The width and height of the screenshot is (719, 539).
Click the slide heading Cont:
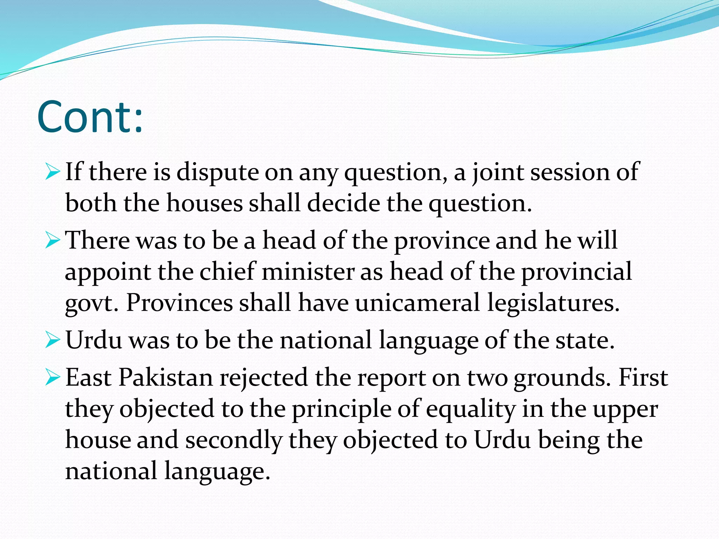point(90,117)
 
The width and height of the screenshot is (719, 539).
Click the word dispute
point(217,173)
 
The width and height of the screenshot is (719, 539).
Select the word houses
point(204,203)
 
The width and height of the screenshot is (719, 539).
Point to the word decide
point(343,203)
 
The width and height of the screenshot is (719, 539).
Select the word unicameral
point(417,302)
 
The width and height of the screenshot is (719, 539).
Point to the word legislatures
point(553,302)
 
